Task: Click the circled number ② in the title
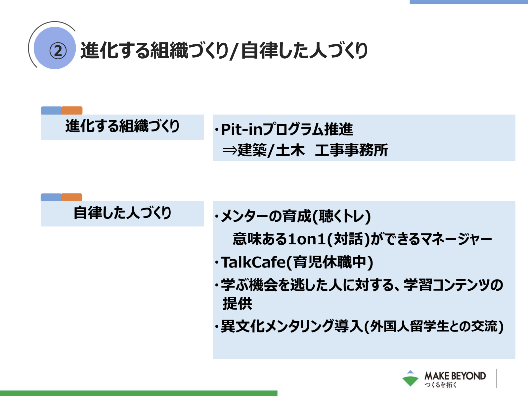pyautogui.click(x=58, y=51)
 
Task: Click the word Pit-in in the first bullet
pyautogui.click(x=242, y=129)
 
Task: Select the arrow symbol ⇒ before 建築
pyautogui.click(x=230, y=151)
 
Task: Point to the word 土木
pyautogui.click(x=290, y=150)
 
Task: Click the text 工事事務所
pyautogui.click(x=351, y=150)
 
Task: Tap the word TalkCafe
pyautogui.click(x=253, y=262)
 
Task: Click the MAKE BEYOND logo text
pyautogui.click(x=455, y=376)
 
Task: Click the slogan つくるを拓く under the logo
pyautogui.click(x=440, y=385)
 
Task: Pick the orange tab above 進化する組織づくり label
pyautogui.click(x=72, y=111)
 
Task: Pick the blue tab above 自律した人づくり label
pyautogui.click(x=51, y=197)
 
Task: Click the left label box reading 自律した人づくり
pyautogui.click(x=122, y=214)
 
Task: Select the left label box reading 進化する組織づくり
pyautogui.click(x=122, y=127)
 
